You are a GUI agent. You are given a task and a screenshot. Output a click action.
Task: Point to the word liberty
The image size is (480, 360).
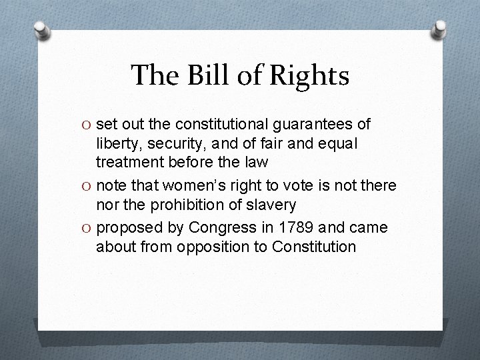point(117,143)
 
